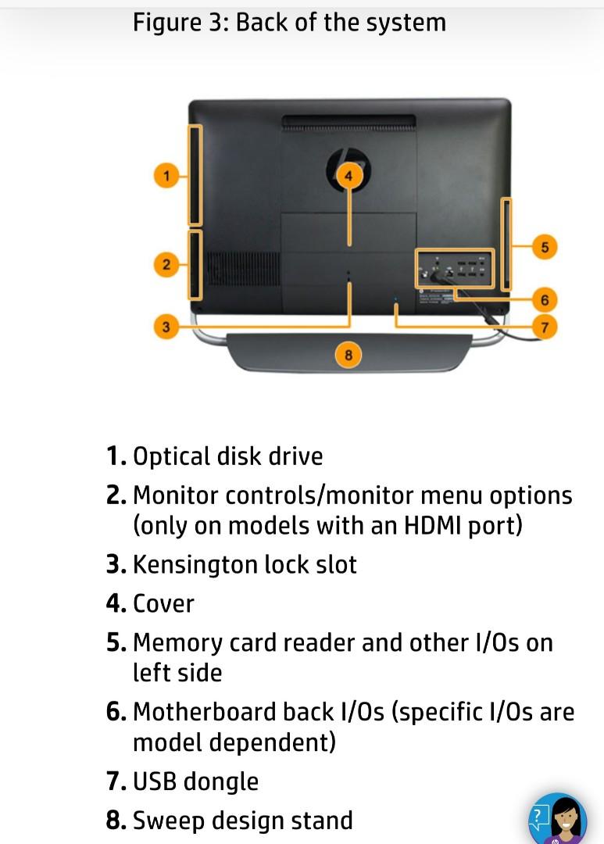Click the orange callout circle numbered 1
pyautogui.click(x=165, y=175)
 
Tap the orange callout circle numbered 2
pyautogui.click(x=165, y=265)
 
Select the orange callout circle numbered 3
pyautogui.click(x=165, y=327)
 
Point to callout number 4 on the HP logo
pyautogui.click(x=348, y=176)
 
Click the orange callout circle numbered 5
pyautogui.click(x=545, y=248)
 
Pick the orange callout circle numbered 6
pyautogui.click(x=545, y=299)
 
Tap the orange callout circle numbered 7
pyautogui.click(x=545, y=327)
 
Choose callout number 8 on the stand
pyautogui.click(x=348, y=356)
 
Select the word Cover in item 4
pyautogui.click(x=163, y=603)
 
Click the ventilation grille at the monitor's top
pyautogui.click(x=348, y=122)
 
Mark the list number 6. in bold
pyautogui.click(x=116, y=712)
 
